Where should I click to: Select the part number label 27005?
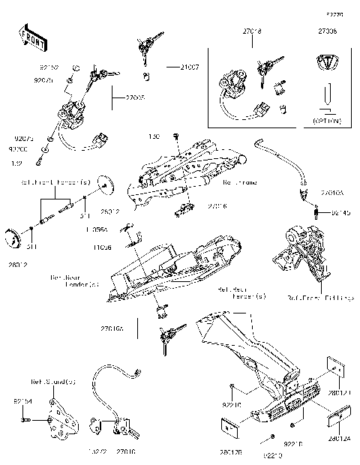[x=136, y=97]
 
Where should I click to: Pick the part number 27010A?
[x=331, y=193]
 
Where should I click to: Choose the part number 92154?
[x=22, y=402]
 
